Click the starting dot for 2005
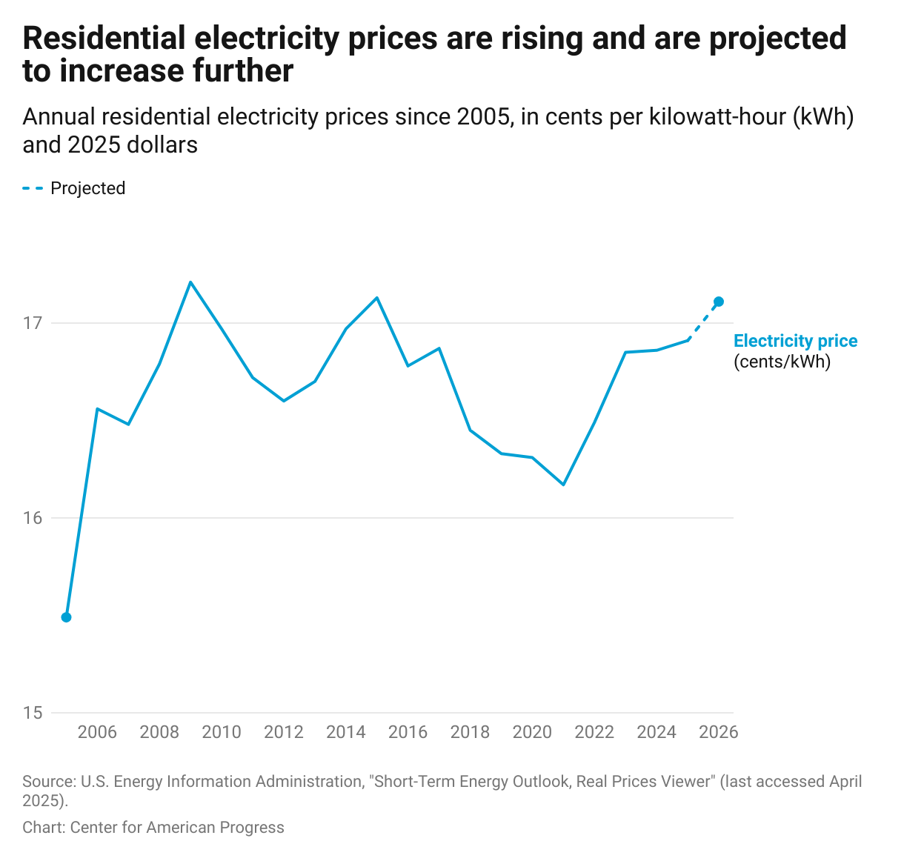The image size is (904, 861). click(66, 617)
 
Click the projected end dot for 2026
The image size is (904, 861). click(718, 302)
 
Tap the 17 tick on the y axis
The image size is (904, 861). click(33, 323)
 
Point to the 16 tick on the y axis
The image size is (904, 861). click(33, 518)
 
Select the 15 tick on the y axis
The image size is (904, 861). click(33, 713)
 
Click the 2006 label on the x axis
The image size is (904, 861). click(97, 733)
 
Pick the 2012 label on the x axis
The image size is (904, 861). click(284, 733)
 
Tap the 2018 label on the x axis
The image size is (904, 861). click(470, 733)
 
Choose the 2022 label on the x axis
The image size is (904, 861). click(594, 733)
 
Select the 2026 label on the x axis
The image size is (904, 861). click(718, 733)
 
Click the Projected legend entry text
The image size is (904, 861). click(87, 188)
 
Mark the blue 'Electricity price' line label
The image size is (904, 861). click(795, 341)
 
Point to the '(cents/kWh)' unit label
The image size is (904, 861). click(782, 362)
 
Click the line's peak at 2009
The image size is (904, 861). click(190, 282)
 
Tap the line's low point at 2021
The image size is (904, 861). click(563, 485)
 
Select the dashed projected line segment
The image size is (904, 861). click(703, 321)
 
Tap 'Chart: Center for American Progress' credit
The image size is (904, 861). click(153, 828)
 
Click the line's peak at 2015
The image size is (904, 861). click(377, 298)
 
